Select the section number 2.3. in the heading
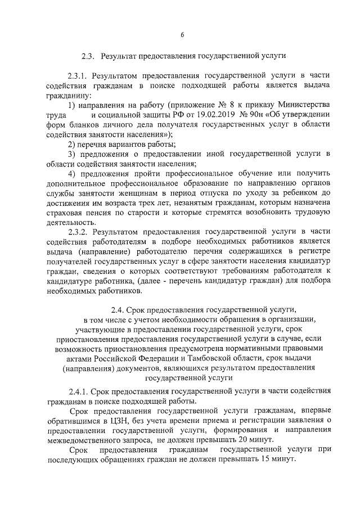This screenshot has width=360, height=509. tap(89, 56)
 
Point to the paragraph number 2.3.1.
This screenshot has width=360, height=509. tap(78, 75)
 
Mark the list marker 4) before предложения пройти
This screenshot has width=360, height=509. tap(72, 174)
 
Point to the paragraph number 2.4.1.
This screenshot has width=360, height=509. tap(78, 391)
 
